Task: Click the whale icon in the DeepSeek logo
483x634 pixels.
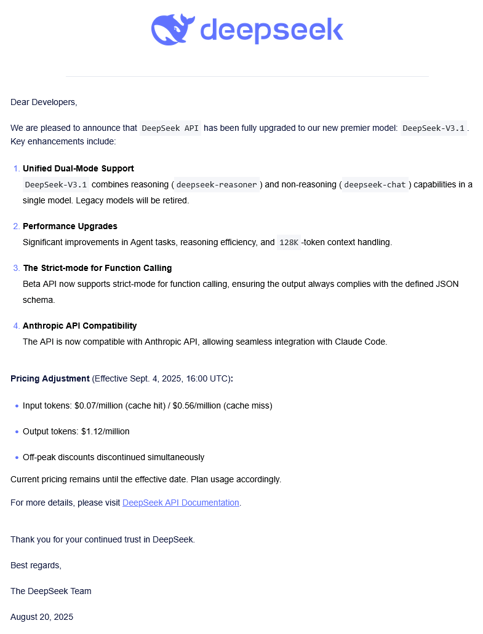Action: pos(173,30)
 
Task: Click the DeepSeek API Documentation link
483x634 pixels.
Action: pos(181,503)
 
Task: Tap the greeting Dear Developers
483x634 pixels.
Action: pos(44,102)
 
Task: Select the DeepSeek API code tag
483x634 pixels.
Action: pos(170,128)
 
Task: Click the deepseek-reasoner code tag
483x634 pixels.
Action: pos(216,184)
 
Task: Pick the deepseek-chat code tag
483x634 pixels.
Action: pos(375,184)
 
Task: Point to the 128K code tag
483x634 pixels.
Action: pos(288,242)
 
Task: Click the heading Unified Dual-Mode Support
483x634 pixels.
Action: pos(78,168)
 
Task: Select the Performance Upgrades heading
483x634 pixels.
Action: pos(70,226)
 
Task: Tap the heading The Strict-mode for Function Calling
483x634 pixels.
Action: pos(97,268)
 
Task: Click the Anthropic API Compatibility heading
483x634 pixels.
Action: pos(79,326)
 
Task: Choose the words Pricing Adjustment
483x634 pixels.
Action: pos(50,378)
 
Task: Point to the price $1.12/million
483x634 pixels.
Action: pos(105,431)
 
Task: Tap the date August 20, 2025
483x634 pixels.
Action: pos(42,617)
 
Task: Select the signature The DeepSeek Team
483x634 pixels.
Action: pos(50,591)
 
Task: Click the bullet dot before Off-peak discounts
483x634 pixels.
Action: pos(15,458)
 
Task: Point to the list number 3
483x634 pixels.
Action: pos(16,268)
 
